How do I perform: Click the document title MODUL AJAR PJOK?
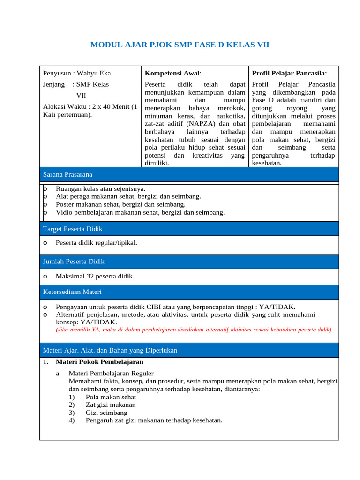[x=180, y=45]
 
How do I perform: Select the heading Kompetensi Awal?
[x=173, y=73]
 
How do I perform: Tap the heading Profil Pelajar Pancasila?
[x=289, y=73]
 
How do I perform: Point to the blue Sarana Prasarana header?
[x=67, y=174]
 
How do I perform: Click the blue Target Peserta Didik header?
[x=73, y=229]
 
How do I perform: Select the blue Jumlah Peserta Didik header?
[x=74, y=262]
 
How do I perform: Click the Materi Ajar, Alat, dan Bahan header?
[x=110, y=350]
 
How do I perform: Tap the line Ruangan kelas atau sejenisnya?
[x=100, y=188]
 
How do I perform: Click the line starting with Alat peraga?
[x=128, y=196]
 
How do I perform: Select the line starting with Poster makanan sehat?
[x=120, y=204]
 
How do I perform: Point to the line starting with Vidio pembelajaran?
[x=140, y=212]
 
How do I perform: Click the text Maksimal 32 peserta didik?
[x=95, y=276]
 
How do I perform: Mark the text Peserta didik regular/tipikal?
[x=96, y=243]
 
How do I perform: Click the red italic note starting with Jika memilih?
[x=194, y=330]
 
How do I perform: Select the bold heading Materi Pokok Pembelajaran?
[x=99, y=362]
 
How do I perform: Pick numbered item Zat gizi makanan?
[x=111, y=405]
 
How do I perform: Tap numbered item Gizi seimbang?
[x=106, y=412]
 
